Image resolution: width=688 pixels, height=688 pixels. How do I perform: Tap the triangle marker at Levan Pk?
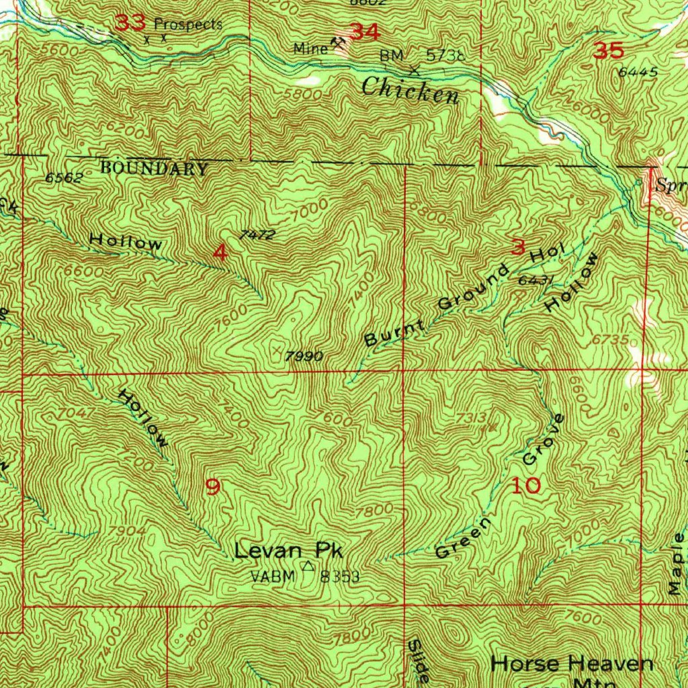[308, 566]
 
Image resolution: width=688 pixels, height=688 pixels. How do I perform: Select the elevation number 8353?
[341, 576]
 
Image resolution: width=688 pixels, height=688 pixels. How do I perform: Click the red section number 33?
[130, 24]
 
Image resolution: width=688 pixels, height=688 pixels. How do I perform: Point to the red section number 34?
[365, 32]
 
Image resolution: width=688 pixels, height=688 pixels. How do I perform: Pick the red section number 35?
[609, 51]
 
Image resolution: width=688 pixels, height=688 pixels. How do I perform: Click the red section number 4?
[220, 253]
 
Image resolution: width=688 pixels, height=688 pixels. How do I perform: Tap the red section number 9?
[212, 486]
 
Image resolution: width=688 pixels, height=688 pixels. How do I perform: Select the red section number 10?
[526, 486]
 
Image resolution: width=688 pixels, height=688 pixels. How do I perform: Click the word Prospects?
[188, 25]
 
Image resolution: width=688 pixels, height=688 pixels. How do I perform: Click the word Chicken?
[410, 89]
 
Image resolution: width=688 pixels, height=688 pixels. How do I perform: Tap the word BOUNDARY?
[154, 169]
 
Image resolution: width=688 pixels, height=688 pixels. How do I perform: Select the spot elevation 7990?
[304, 357]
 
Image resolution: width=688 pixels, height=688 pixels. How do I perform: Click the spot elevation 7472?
[257, 234]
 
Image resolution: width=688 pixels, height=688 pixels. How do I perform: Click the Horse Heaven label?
[572, 664]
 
